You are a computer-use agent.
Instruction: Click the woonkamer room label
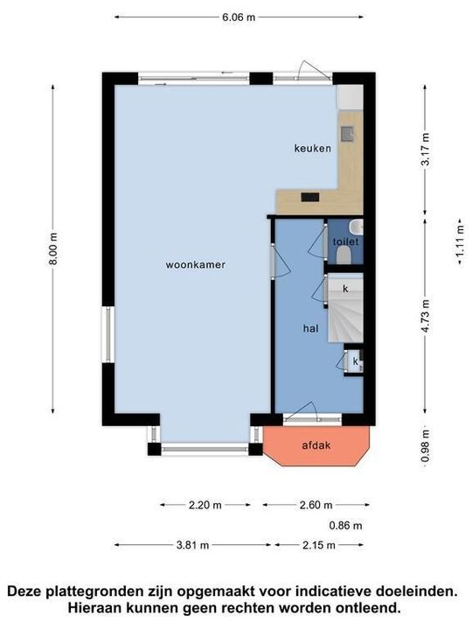[196, 265]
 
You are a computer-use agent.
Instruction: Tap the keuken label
[313, 148]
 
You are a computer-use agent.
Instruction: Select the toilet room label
[345, 241]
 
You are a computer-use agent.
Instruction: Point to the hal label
[310, 329]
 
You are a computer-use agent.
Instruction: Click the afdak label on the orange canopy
[316, 445]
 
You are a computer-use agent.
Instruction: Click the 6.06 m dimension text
[239, 17]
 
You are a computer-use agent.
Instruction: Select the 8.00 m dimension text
[53, 248]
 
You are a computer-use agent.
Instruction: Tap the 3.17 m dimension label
[426, 149]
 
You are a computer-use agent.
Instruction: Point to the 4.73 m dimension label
[426, 316]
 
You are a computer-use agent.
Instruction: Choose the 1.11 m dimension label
[462, 241]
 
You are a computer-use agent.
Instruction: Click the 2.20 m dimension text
[205, 505]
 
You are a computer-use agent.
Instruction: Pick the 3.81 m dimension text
[192, 545]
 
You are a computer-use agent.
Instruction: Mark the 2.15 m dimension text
[319, 545]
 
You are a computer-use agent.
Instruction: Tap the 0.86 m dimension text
[345, 525]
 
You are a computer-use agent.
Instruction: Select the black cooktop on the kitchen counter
[310, 197]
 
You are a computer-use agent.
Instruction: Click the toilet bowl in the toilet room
[344, 255]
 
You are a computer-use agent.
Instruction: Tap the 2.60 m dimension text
[316, 505]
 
